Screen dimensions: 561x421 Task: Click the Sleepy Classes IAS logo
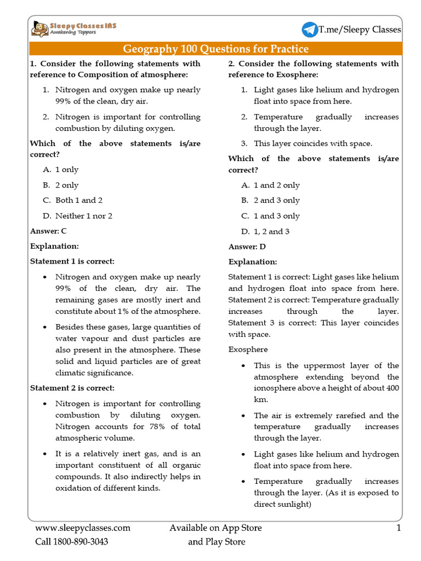tap(73, 28)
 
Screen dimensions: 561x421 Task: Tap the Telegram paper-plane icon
tap(310, 30)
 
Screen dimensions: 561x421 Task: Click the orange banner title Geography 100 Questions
tap(215, 49)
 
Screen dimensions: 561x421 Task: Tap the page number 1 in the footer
tap(399, 528)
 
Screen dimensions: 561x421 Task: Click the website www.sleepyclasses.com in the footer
tap(83, 528)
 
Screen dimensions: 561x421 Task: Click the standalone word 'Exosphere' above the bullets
tap(248, 349)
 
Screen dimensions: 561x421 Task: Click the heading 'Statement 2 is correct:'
tap(72, 388)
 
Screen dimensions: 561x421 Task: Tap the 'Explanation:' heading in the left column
tap(54, 246)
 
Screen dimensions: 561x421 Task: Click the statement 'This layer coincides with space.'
tap(312, 143)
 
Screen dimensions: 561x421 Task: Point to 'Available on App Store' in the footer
tap(215, 528)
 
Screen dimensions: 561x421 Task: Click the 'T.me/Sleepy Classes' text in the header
tap(360, 30)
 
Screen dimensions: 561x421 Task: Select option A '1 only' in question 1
tap(66, 170)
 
